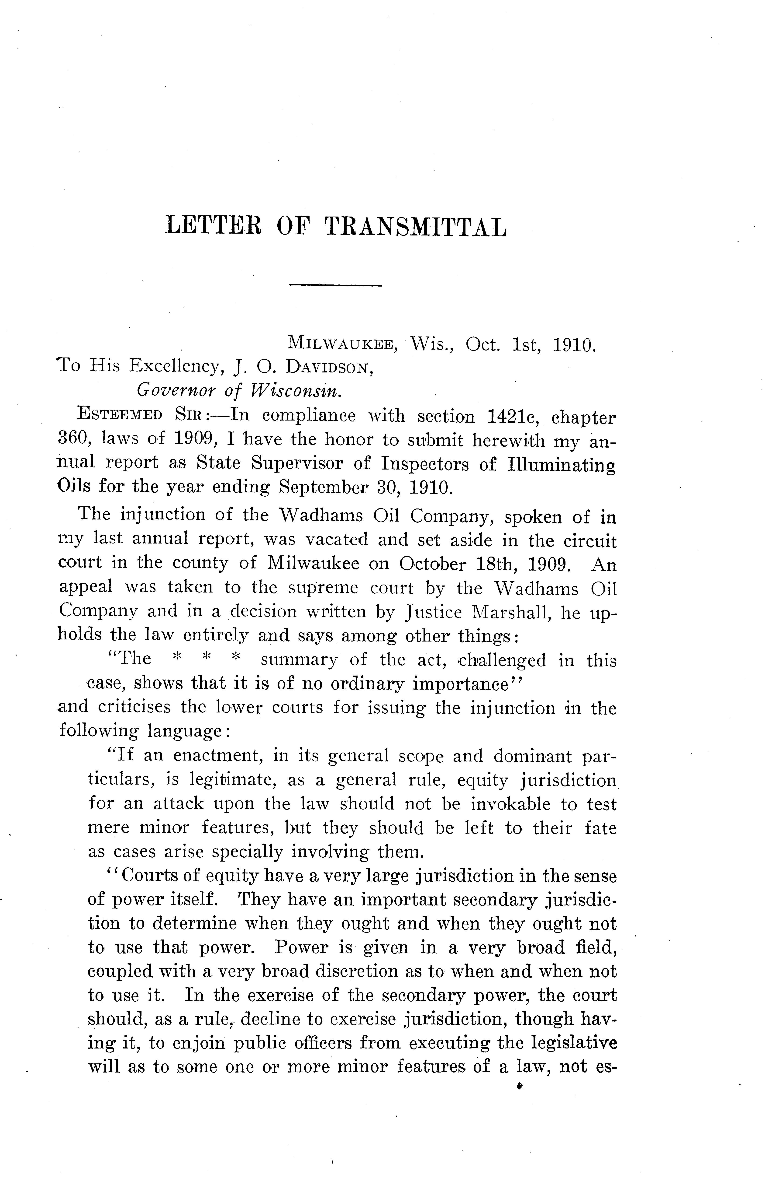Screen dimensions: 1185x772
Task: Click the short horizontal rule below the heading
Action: point(335,285)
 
